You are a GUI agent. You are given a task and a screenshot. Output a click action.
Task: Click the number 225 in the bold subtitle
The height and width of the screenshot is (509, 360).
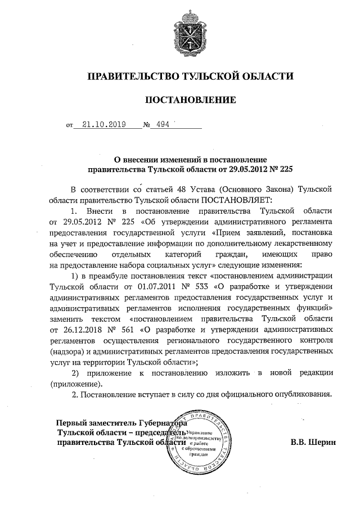(286, 168)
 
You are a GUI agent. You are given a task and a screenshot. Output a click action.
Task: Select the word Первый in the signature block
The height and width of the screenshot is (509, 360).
(74, 423)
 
